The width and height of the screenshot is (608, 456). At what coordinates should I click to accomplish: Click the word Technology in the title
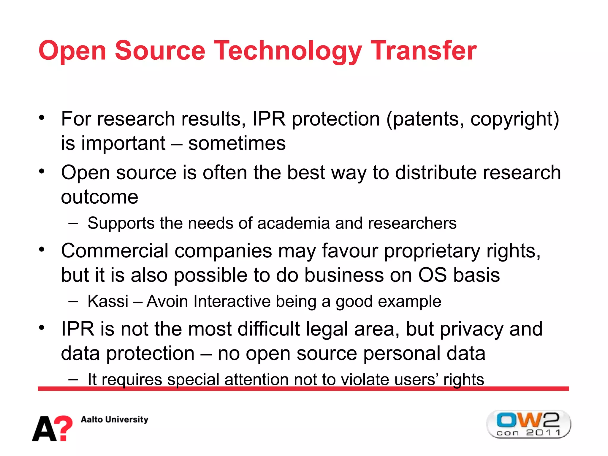pos(287,51)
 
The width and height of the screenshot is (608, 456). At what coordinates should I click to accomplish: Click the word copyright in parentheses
pos(511,119)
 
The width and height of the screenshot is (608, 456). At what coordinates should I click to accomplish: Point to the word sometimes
pos(237,143)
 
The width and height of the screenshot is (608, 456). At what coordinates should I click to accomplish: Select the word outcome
pos(99,197)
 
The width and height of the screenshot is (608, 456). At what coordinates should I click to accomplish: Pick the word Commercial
pos(115,251)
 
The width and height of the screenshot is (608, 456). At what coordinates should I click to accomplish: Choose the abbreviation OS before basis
pos(432,275)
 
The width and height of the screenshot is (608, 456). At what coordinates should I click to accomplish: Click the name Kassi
pos(108,301)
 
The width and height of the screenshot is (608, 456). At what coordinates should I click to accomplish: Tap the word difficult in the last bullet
pos(269,329)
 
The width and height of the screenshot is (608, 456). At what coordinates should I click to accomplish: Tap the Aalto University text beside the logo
pos(115,419)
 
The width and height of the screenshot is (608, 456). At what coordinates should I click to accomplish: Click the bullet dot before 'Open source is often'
pos(42,171)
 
